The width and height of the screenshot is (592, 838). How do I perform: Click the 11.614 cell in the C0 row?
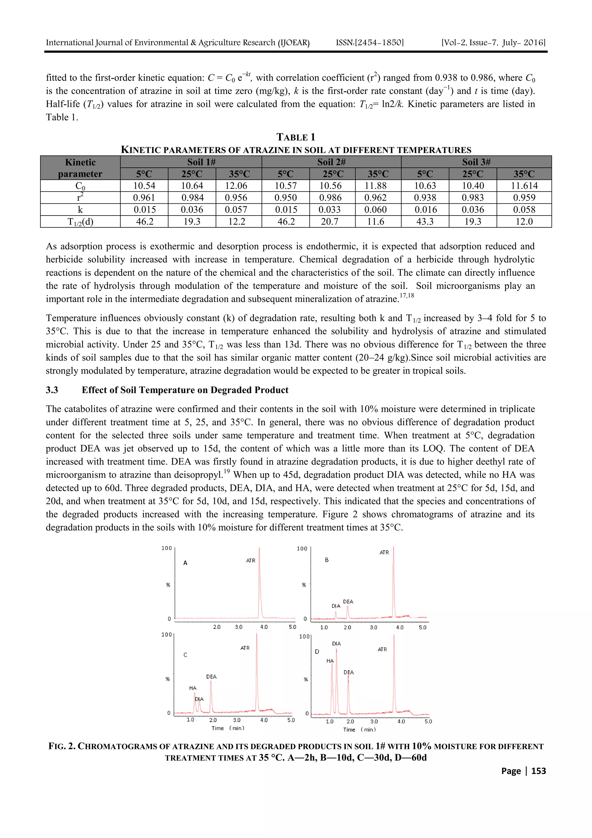(524, 186)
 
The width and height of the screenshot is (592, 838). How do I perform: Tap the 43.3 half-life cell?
(425, 222)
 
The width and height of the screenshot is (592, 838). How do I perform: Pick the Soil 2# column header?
(331, 162)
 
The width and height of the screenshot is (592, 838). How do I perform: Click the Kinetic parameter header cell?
(80, 168)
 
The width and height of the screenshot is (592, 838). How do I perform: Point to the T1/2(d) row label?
(80, 222)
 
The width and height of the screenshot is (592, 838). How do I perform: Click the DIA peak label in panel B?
(336, 606)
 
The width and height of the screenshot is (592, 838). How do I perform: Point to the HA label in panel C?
(193, 688)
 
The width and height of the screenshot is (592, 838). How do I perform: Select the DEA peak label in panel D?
(349, 672)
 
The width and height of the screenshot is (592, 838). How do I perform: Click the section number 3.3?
(52, 390)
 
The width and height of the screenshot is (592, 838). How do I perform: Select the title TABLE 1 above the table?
(295, 137)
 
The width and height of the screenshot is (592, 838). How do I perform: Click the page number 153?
(539, 771)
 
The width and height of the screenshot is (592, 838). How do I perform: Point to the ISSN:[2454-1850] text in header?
(369, 43)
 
